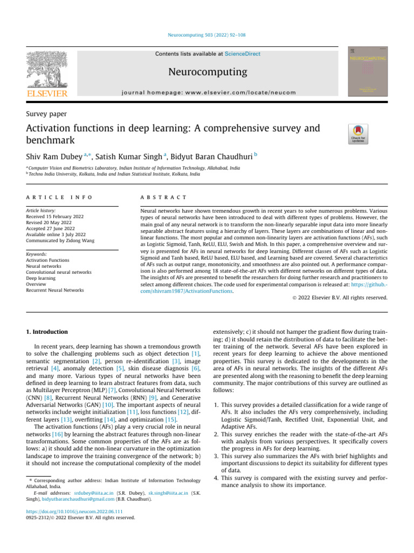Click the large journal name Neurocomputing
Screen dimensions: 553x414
(208, 72)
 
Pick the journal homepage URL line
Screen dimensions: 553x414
(208, 92)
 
